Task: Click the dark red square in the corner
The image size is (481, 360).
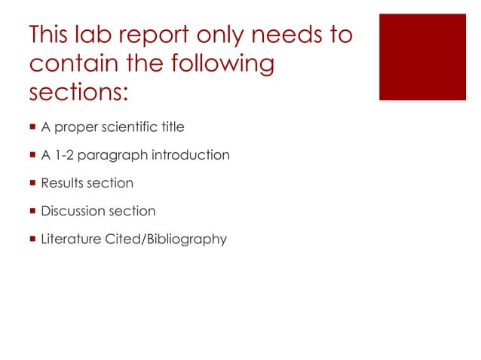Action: [x=422, y=56]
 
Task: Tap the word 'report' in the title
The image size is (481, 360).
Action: [x=170, y=35]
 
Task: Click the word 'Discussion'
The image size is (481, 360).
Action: [x=72, y=211]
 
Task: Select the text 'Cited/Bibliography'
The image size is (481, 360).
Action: [x=164, y=239]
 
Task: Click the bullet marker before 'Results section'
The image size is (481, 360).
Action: [x=32, y=183]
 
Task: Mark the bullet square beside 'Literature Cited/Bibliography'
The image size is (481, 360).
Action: [x=32, y=239]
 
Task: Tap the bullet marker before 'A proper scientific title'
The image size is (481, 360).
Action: [x=32, y=127]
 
